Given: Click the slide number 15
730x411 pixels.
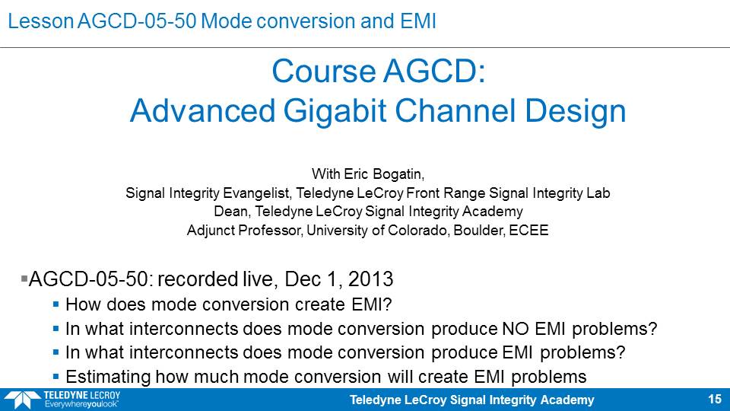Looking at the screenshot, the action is (715, 400).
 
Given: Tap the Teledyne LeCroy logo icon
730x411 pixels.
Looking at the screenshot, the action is (21, 400).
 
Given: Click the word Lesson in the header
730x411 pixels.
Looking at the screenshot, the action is (41, 21).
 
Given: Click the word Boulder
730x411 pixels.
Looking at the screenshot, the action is (479, 230).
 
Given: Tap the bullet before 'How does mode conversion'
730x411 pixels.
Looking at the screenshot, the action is (56, 304).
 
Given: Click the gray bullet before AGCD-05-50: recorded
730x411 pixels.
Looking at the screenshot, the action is (24, 279).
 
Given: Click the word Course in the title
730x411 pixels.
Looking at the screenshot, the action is (324, 72).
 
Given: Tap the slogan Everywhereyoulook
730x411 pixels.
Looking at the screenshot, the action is (81, 404).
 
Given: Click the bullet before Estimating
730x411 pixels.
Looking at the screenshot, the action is (56, 376).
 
